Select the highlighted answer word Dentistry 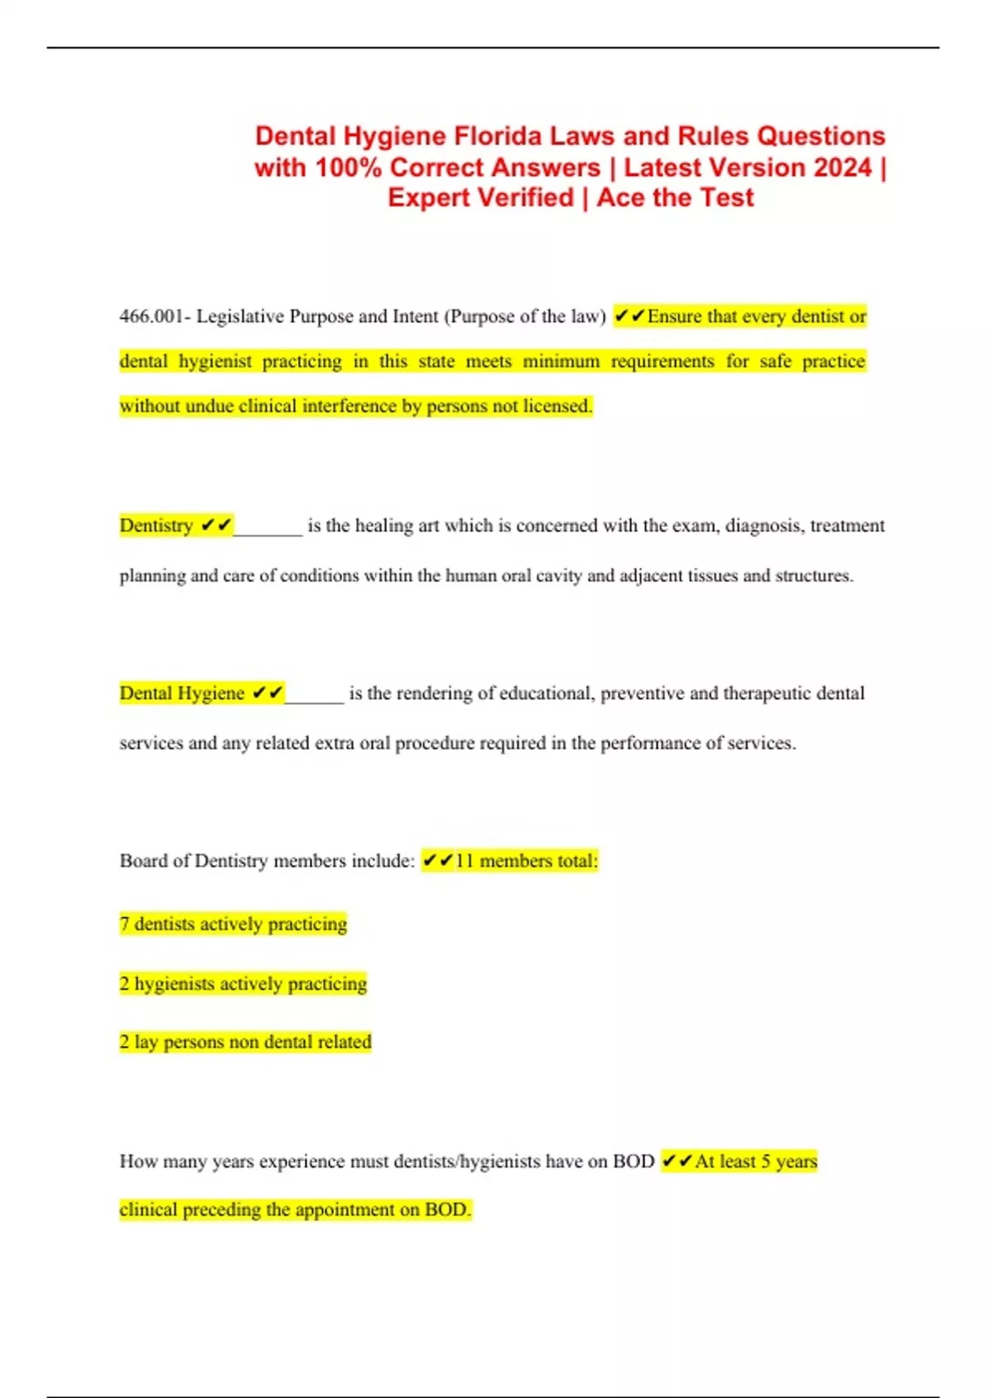[x=156, y=525]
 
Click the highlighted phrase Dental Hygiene [x=182, y=693]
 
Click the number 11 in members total [x=465, y=861]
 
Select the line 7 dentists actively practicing [x=234, y=924]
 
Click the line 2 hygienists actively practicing [x=243, y=984]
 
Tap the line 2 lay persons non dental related [x=246, y=1042]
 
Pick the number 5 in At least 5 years [x=766, y=1161]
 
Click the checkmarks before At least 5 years [x=677, y=1161]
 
